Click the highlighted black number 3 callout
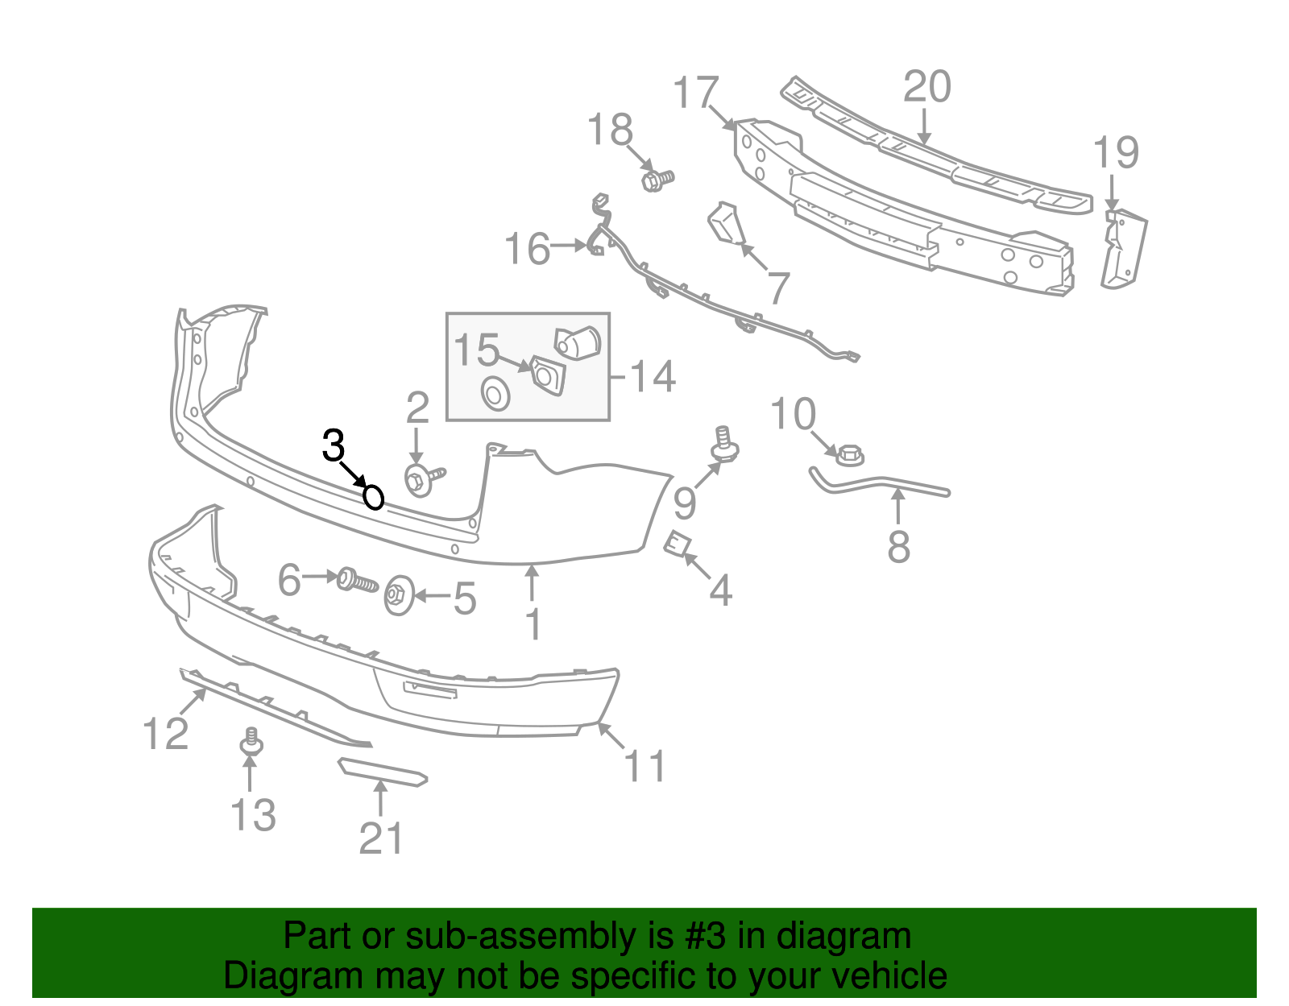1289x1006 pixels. (334, 446)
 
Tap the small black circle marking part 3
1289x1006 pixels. (373, 497)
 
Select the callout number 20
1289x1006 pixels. (926, 87)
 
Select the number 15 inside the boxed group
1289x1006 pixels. (476, 350)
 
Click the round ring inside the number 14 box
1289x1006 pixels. (495, 394)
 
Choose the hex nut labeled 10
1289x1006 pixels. (849, 455)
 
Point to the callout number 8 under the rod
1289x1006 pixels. (899, 547)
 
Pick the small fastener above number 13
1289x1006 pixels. (251, 743)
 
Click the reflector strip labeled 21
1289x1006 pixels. (382, 772)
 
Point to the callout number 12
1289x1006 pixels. (165, 734)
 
